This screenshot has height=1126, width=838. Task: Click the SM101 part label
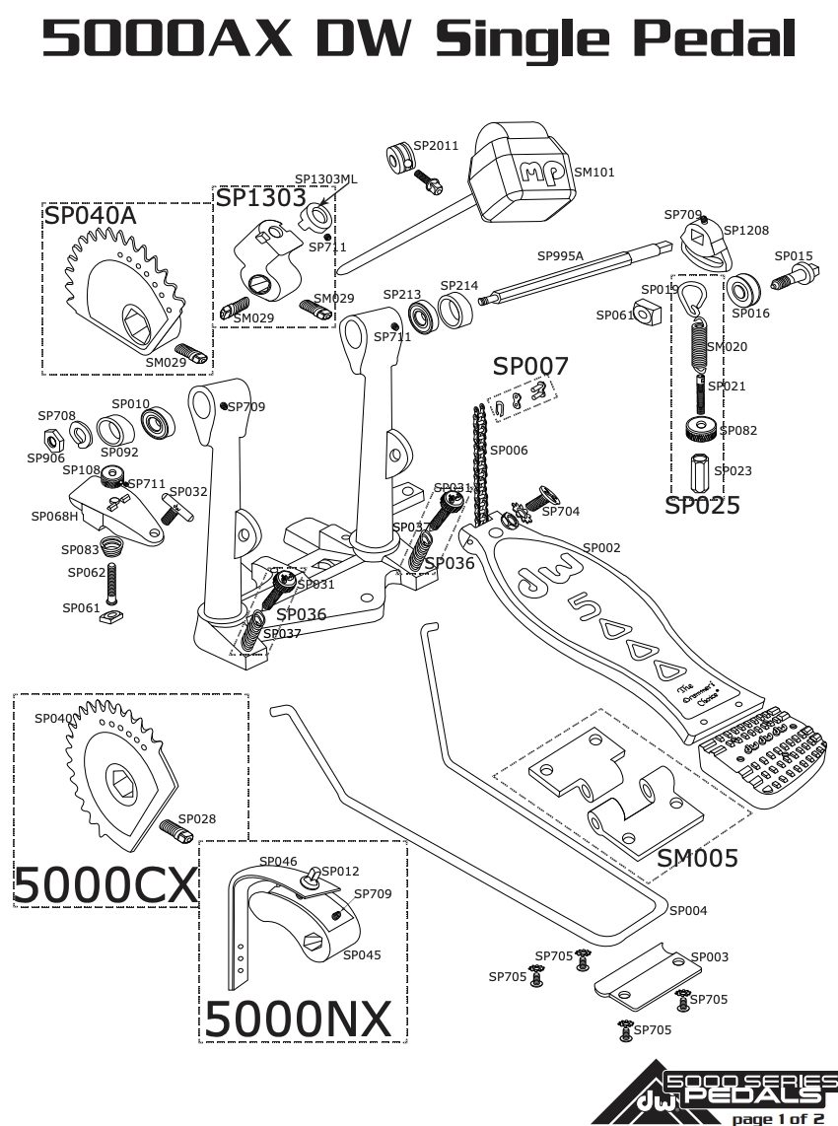pyautogui.click(x=594, y=173)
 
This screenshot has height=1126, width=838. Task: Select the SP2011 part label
pyautogui.click(x=436, y=145)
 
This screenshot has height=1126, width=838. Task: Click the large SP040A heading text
pyautogui.click(x=90, y=216)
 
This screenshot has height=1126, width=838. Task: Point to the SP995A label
pyautogui.click(x=560, y=255)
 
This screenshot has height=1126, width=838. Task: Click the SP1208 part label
pyautogui.click(x=746, y=230)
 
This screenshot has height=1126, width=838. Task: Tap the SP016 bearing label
pyautogui.click(x=750, y=314)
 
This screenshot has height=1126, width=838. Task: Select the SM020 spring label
pyautogui.click(x=728, y=347)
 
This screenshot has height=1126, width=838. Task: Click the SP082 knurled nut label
pyautogui.click(x=738, y=430)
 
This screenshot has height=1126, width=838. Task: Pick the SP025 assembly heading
pyautogui.click(x=702, y=506)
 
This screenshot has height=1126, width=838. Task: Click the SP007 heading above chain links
pyautogui.click(x=530, y=367)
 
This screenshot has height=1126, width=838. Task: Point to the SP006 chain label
pyautogui.click(x=509, y=451)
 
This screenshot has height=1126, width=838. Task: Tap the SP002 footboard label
pyautogui.click(x=601, y=548)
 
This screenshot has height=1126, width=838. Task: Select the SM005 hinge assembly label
pyautogui.click(x=697, y=859)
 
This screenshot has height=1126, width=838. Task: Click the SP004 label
pyautogui.click(x=688, y=911)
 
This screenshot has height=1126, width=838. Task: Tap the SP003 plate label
pyautogui.click(x=710, y=957)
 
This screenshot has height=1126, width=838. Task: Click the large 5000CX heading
pyautogui.click(x=105, y=884)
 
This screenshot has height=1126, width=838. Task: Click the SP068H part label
pyautogui.click(x=54, y=516)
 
